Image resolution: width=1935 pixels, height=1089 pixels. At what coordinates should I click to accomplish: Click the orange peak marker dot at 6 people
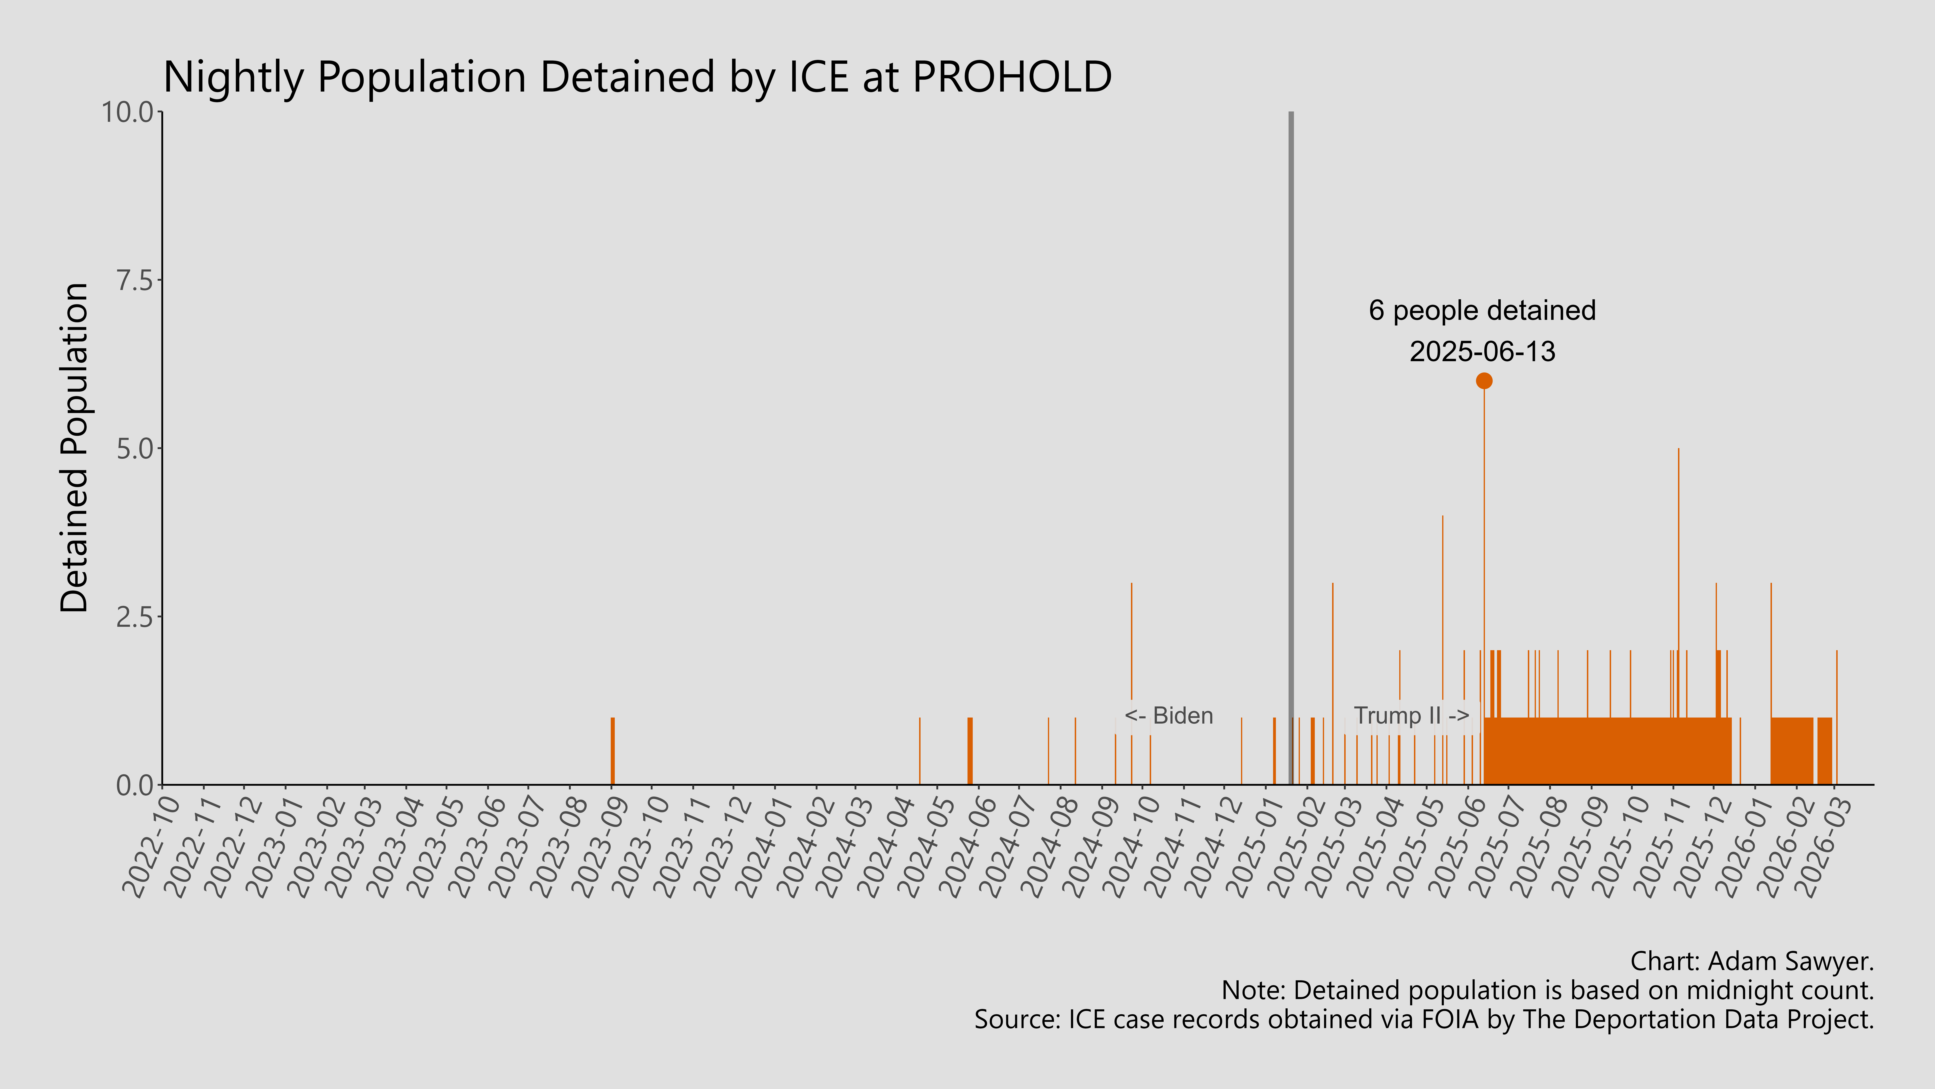tap(1483, 381)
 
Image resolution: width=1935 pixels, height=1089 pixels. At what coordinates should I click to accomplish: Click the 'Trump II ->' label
tap(1411, 716)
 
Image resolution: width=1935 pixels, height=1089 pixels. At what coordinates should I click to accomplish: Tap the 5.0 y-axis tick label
tap(134, 449)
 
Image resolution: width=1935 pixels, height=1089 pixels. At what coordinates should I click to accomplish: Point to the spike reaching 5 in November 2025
tap(1678, 526)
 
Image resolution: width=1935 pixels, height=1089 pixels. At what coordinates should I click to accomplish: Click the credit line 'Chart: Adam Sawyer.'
tap(1752, 961)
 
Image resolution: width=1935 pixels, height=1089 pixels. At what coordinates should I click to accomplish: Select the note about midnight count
tap(1547, 991)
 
